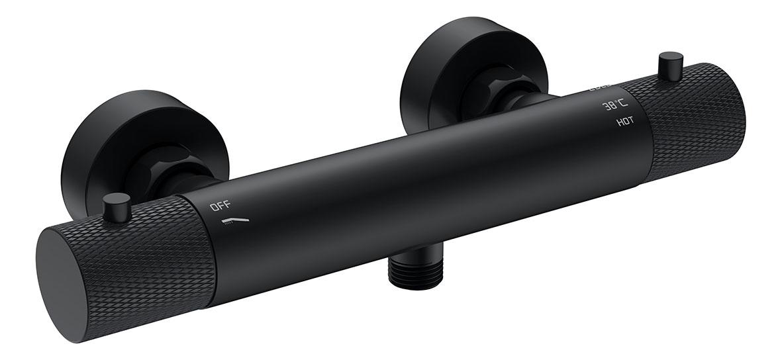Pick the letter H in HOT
pyautogui.click(x=618, y=122)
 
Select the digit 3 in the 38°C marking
pyautogui.click(x=605, y=107)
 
